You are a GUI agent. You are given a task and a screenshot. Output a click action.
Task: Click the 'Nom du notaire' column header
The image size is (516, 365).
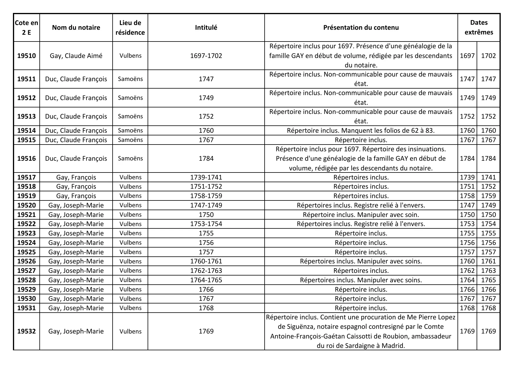click(76, 27)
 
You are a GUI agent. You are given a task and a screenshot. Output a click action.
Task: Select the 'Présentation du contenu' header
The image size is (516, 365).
click(361, 27)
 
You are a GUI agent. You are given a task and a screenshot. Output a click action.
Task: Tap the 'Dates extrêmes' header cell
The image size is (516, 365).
click(479, 27)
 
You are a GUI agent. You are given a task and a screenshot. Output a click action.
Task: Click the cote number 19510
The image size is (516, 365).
click(26, 56)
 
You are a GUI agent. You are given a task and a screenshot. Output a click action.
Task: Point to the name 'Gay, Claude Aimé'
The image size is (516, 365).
click(76, 56)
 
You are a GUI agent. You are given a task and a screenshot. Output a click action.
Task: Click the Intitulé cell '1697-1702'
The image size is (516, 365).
click(206, 56)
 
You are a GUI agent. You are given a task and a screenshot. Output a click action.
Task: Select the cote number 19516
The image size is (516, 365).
click(26, 158)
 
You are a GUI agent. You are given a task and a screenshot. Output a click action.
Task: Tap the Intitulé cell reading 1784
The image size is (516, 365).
click(206, 158)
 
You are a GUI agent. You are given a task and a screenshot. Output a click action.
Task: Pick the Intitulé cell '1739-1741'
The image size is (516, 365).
click(206, 177)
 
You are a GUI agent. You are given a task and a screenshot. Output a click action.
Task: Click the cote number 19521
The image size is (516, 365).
click(26, 215)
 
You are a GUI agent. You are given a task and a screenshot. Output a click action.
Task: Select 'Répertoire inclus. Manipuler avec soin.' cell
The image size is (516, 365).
click(361, 215)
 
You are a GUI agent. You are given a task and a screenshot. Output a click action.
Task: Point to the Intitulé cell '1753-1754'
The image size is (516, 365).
click(206, 224)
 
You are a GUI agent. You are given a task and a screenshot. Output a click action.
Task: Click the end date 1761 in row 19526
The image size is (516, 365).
click(488, 261)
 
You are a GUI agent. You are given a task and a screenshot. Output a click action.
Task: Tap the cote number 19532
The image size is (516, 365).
click(26, 331)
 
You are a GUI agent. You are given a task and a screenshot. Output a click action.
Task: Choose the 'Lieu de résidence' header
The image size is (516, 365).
click(130, 27)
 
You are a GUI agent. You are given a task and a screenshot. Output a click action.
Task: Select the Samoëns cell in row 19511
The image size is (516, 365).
click(130, 79)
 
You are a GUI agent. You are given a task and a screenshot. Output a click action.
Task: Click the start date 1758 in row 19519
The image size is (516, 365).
click(467, 196)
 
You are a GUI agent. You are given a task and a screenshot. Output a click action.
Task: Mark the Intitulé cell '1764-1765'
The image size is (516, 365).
click(206, 280)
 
